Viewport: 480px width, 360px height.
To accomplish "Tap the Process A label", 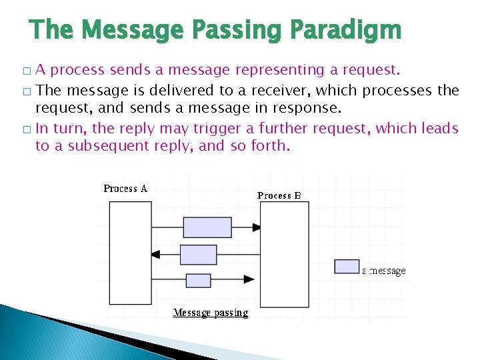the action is coord(125,189).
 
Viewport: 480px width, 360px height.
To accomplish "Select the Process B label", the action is coord(279,195).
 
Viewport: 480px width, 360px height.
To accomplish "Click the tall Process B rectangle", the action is coord(284,253).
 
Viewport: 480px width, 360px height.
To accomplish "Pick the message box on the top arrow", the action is coord(207,227).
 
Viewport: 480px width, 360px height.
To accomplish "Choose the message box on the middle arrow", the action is coord(199,255).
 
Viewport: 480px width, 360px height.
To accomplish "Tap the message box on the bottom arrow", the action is coord(198,280).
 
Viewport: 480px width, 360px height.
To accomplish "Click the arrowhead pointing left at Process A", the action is coord(156,254).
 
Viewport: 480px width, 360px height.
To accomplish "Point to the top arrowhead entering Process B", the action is coord(256,227).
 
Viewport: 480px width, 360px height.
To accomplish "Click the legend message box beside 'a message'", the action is coord(347,267).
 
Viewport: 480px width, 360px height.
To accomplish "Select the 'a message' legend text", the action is coord(384,271).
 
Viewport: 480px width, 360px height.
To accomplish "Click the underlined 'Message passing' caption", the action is coord(211,312).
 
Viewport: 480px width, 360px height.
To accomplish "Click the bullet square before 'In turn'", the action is coord(26,129).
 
